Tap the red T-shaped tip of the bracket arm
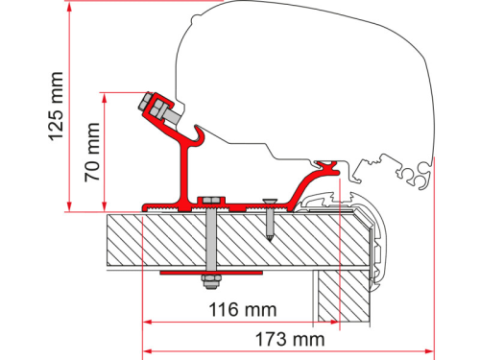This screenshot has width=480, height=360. [x=334, y=170]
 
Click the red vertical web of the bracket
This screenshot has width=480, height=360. [x=180, y=173]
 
